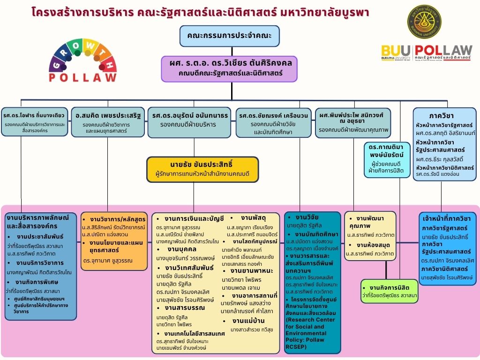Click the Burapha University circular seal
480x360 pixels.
click(x=424, y=22)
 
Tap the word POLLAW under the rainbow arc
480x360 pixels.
click(x=83, y=77)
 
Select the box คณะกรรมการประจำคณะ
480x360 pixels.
click(x=229, y=36)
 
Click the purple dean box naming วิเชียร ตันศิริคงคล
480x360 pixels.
click(x=229, y=68)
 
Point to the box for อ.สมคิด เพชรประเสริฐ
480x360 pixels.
click(x=107, y=122)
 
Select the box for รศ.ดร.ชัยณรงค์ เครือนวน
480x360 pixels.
click(x=273, y=122)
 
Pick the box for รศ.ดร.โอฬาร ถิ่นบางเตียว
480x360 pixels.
click(x=34, y=121)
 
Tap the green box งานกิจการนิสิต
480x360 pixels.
click(x=389, y=291)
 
